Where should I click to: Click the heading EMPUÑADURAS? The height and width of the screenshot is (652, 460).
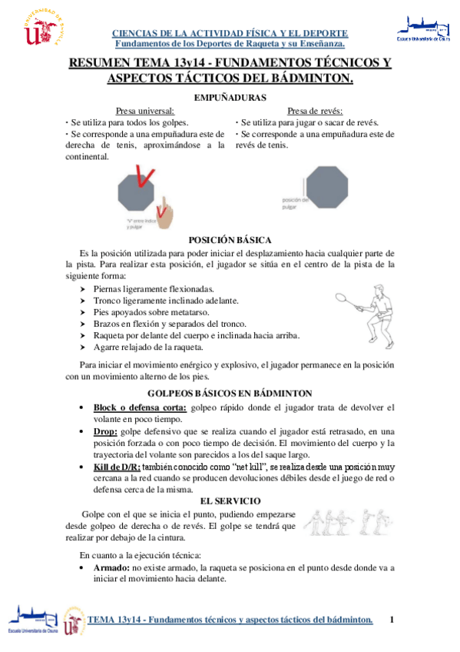(x=230, y=98)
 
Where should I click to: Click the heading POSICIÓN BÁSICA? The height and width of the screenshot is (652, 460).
(x=230, y=240)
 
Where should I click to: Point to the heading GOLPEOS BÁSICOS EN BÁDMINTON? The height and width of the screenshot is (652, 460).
(x=230, y=393)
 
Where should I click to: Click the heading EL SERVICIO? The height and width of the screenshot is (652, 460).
(x=230, y=480)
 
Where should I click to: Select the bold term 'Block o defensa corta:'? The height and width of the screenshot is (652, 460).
(x=140, y=407)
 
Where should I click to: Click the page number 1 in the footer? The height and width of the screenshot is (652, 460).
(x=392, y=620)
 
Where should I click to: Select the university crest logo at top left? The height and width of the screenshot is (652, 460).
(x=41, y=28)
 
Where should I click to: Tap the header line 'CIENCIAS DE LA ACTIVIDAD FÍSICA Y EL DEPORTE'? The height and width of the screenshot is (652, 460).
(x=230, y=34)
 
